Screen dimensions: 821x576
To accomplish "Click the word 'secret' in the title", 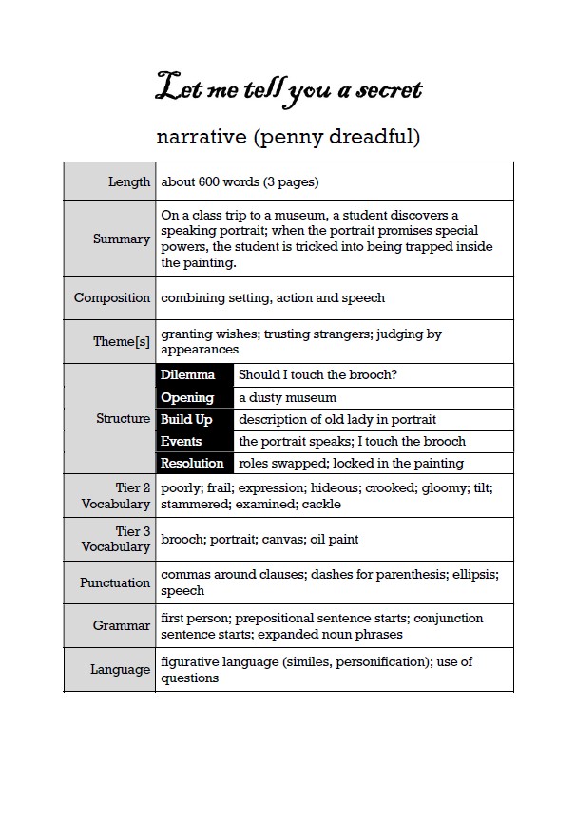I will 386,90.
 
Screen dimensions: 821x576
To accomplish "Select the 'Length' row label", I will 129,181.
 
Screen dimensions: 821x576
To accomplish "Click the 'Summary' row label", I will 122,239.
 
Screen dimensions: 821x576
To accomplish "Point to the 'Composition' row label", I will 112,297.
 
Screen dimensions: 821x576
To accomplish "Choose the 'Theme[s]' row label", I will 122,341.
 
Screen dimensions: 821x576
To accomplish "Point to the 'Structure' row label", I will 123,418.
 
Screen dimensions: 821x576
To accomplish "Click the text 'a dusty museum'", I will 287,397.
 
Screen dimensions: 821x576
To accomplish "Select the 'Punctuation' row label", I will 115,582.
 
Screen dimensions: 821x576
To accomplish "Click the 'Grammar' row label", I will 122,625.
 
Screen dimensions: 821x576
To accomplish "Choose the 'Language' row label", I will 120,669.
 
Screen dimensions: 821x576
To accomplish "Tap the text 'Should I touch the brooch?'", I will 317,375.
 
